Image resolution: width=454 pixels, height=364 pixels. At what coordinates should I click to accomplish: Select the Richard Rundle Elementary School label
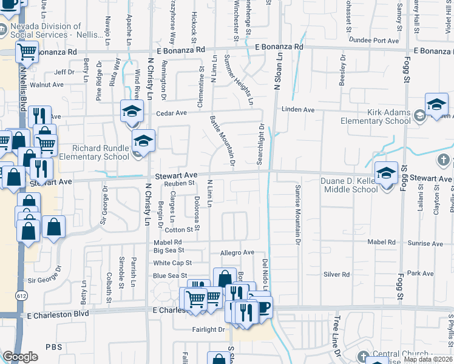[101, 152]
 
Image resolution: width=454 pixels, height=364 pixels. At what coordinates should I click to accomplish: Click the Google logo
[20, 357]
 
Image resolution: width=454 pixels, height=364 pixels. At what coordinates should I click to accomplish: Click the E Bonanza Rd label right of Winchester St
[279, 47]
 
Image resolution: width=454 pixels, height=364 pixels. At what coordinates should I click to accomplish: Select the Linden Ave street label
[297, 110]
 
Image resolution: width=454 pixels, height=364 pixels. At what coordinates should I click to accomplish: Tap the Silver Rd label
[336, 274]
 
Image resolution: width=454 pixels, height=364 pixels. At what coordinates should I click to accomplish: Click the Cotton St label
[178, 230]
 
